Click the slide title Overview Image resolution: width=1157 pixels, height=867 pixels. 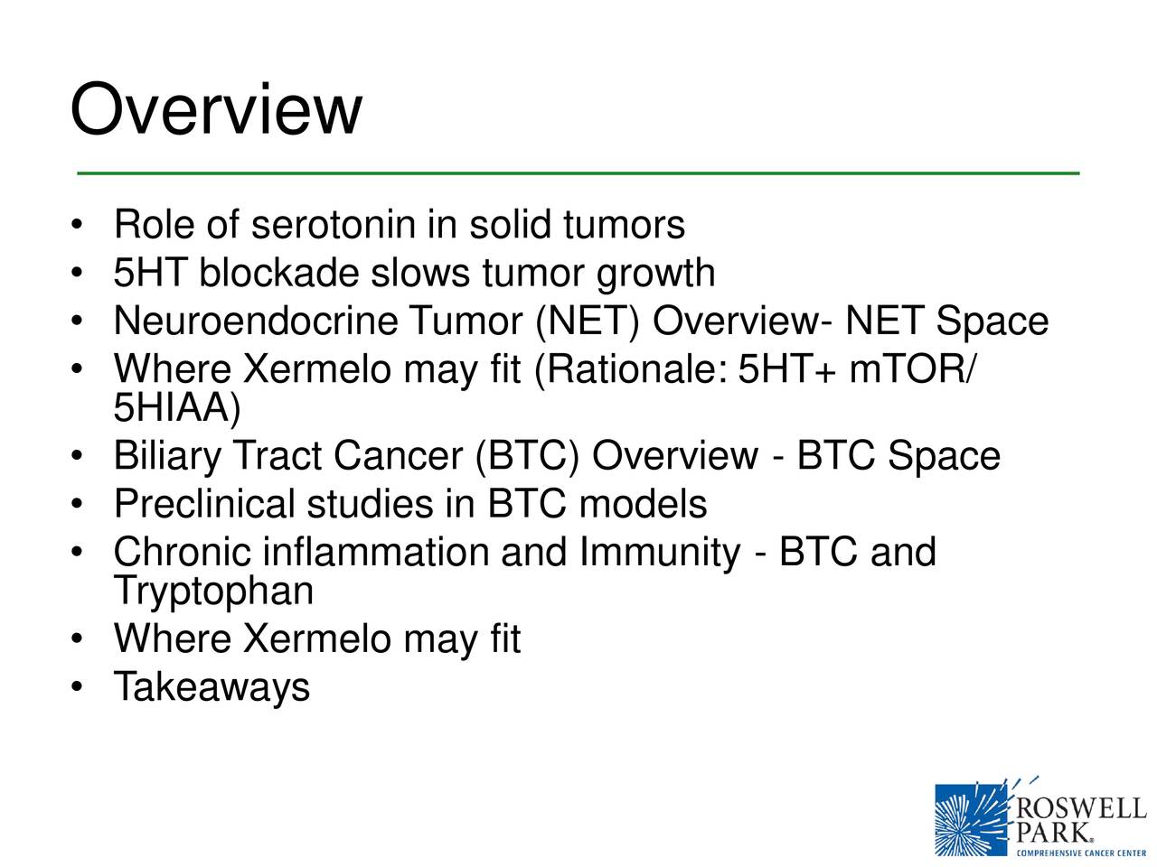(215, 110)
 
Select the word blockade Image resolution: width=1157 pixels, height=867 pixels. (278, 273)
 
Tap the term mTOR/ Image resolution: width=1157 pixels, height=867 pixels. (911, 369)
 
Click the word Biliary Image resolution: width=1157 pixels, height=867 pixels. (167, 456)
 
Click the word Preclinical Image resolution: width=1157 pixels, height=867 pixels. (204, 504)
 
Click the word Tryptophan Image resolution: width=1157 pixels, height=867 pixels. (213, 592)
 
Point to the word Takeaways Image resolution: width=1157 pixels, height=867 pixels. (212, 687)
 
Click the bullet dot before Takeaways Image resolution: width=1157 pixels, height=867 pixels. (79, 689)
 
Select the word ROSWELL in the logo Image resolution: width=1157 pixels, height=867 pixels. (1081, 807)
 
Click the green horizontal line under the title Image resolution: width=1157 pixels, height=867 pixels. (578, 172)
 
